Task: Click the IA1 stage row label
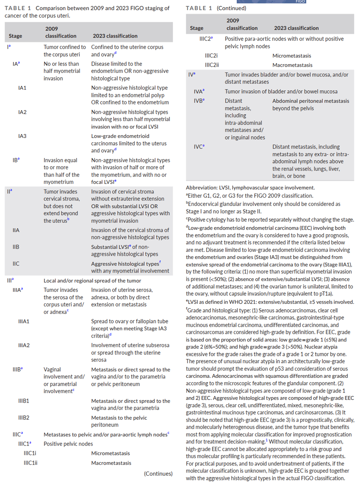(x=22, y=88)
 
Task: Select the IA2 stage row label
(x=22, y=112)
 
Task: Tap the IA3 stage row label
(x=22, y=136)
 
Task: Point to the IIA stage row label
(x=16, y=230)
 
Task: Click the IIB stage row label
(x=16, y=247)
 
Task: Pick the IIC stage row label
(x=16, y=264)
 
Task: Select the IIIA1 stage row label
(x=24, y=321)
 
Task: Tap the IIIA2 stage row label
(x=24, y=346)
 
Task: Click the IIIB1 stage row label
(x=24, y=401)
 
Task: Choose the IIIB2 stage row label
(x=24, y=418)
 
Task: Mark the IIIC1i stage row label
(x=30, y=453)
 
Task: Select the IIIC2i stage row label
(x=211, y=56)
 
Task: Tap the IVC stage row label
(x=199, y=147)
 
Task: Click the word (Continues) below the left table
(x=158, y=474)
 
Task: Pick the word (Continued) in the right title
(x=231, y=8)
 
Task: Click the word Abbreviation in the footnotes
(x=201, y=188)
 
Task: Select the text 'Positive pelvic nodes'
(x=68, y=444)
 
